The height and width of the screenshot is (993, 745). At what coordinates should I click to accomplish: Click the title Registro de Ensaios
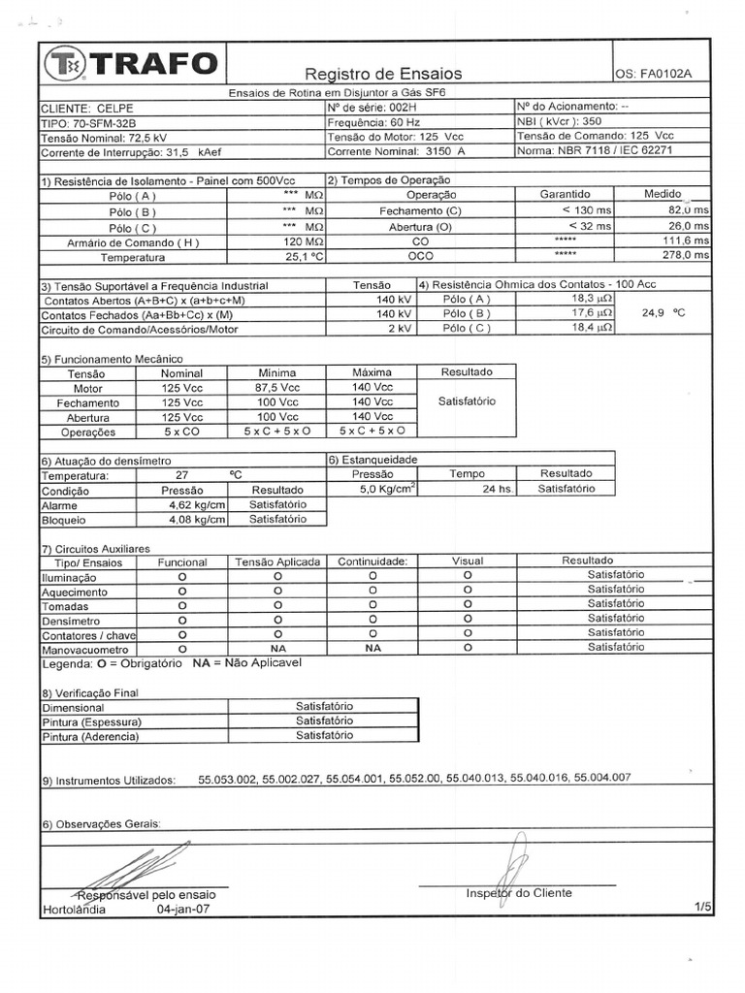coord(383,74)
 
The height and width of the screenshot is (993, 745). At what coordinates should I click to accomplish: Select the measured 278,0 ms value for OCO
coord(686,255)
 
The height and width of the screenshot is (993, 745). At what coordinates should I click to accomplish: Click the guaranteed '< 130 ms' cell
coord(586,210)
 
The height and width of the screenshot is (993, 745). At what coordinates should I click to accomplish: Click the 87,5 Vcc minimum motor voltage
coord(277,387)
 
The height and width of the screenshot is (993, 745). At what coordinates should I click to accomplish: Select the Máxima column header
coord(372,372)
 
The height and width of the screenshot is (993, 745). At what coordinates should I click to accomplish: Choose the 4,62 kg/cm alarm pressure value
coord(196,504)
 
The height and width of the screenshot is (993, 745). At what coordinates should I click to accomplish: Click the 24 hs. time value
coord(497,489)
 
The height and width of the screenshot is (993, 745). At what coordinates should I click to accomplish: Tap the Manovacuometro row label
coord(85,649)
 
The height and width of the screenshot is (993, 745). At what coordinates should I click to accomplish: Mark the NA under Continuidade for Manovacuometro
coord(372,647)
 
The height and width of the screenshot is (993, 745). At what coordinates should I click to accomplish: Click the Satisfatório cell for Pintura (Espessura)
coord(324,721)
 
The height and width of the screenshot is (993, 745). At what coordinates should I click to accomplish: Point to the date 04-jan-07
coord(185,910)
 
